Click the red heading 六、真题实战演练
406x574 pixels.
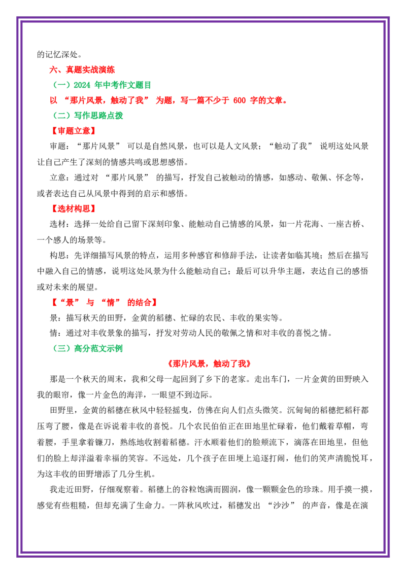click(82, 69)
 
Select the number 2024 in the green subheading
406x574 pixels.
click(82, 85)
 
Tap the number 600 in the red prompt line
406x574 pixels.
click(239, 100)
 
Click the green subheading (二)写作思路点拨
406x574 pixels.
click(88, 116)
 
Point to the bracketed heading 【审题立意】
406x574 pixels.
click(74, 131)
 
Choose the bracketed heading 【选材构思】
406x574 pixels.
click(74, 209)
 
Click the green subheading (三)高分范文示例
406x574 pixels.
click(88, 348)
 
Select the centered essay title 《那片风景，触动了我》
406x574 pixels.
click(210, 364)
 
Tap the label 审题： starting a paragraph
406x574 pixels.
click(58, 147)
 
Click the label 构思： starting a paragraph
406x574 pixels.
click(58, 256)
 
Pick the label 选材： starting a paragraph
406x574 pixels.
click(58, 225)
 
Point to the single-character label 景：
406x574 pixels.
click(54, 318)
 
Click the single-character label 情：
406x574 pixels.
click(54, 333)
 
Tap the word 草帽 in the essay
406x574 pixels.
click(344, 426)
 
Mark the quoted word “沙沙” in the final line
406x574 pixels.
click(281, 506)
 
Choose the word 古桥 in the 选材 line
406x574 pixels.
click(352, 225)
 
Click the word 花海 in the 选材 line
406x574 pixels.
click(311, 225)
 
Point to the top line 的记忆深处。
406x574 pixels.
click(59, 55)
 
